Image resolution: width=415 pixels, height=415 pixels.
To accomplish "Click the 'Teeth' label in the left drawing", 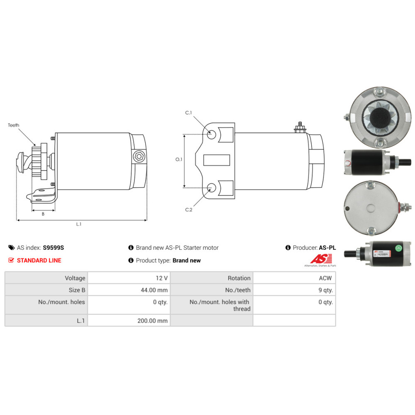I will (x=14, y=125).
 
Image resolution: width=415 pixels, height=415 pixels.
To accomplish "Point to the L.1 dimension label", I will (x=79, y=224).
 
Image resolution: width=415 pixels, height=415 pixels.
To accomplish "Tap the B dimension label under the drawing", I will (x=43, y=214).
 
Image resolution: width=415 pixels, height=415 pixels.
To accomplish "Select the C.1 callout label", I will (x=188, y=113).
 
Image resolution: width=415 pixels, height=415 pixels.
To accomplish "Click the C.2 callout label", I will (x=188, y=210).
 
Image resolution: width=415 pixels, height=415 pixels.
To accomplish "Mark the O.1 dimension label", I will (x=178, y=159).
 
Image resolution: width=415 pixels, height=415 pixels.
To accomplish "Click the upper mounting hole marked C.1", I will (x=212, y=134).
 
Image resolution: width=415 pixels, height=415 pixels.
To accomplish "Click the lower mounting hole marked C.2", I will (x=212, y=188).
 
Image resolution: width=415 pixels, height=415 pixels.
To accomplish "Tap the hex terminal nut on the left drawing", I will (x=139, y=157).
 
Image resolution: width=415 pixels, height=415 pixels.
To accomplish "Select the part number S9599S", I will (x=54, y=248).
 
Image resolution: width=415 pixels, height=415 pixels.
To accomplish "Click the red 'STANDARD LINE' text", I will (x=39, y=261).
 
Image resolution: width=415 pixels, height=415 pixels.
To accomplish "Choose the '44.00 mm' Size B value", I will (x=154, y=290).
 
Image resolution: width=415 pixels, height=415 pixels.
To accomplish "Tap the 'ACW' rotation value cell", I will (x=326, y=278).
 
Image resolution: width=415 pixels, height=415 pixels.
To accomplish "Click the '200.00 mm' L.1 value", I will (x=152, y=320).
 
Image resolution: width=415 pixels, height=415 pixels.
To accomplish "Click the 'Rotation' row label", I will (x=239, y=278).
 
